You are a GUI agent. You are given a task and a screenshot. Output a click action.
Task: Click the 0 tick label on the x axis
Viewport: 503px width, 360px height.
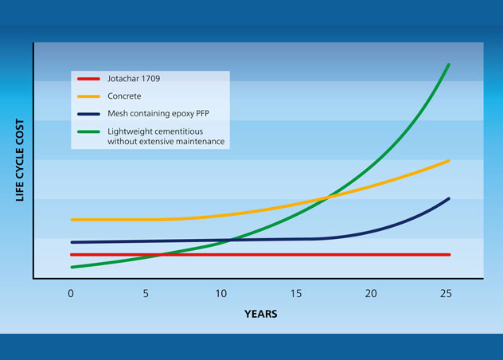click(x=71, y=293)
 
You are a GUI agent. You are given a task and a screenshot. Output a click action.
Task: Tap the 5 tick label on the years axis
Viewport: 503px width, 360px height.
click(x=146, y=293)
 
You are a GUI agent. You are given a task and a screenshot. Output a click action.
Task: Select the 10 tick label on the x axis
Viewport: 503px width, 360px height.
click(x=220, y=293)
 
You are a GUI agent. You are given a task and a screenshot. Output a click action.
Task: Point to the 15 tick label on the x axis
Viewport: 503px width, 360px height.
click(x=296, y=293)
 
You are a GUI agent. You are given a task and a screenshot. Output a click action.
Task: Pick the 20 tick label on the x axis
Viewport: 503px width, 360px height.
click(x=371, y=293)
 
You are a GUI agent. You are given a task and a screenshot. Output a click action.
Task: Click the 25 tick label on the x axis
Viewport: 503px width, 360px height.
click(x=446, y=293)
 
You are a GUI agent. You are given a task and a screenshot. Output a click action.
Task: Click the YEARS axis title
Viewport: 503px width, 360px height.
click(x=261, y=314)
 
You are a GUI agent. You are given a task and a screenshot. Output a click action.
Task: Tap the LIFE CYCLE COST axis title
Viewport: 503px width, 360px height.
click(x=21, y=159)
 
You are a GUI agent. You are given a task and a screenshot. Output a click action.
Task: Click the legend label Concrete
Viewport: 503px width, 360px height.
click(x=126, y=96)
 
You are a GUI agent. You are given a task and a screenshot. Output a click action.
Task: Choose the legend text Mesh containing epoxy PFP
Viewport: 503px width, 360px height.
click(x=158, y=113)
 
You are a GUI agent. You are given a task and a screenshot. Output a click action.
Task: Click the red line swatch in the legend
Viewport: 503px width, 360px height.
click(x=88, y=79)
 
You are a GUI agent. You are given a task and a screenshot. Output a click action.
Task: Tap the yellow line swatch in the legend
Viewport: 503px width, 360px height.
click(x=88, y=96)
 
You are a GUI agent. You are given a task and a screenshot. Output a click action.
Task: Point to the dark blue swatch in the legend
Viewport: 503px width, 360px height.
click(x=88, y=113)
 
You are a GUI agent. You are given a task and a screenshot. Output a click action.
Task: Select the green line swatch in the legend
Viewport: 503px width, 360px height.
click(x=88, y=131)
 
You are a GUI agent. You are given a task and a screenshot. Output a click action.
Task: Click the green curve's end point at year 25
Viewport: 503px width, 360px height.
click(x=450, y=64)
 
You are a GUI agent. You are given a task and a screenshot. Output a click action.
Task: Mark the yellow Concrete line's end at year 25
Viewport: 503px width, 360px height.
click(x=450, y=161)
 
